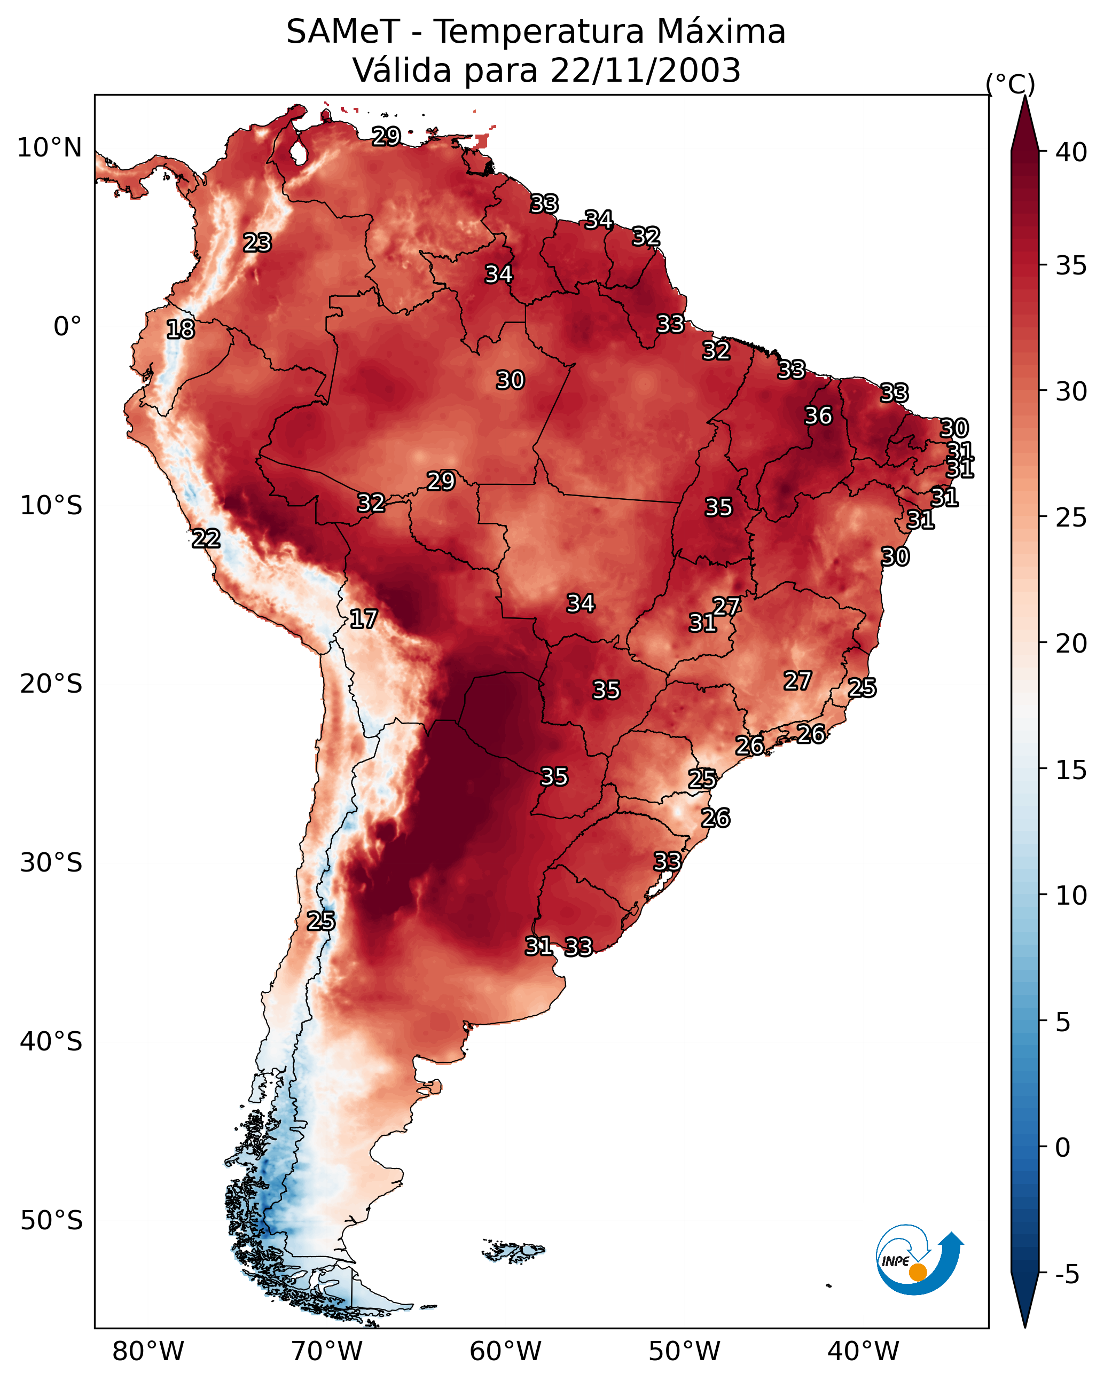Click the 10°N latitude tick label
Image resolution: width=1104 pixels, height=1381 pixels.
(49, 148)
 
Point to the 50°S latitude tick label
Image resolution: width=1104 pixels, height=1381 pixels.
(51, 1221)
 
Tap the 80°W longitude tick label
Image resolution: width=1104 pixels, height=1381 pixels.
(148, 1351)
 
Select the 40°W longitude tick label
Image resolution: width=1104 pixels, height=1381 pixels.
(863, 1351)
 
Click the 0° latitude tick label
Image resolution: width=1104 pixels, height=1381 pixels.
(67, 327)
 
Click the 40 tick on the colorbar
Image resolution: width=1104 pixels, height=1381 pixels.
(1071, 152)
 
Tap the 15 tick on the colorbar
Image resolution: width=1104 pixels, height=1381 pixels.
(1071, 770)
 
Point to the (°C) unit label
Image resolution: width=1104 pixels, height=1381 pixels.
(1010, 84)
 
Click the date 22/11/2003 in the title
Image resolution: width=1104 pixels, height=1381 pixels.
(645, 70)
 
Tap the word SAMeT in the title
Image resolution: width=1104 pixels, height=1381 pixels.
(343, 32)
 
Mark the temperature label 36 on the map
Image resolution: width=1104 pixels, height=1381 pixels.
(818, 415)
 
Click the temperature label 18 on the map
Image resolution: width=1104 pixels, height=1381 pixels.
(180, 329)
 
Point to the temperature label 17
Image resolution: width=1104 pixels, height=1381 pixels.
(363, 619)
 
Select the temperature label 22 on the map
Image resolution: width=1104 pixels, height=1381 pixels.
(206, 539)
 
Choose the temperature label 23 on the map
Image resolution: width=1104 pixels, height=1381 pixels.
(257, 243)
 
